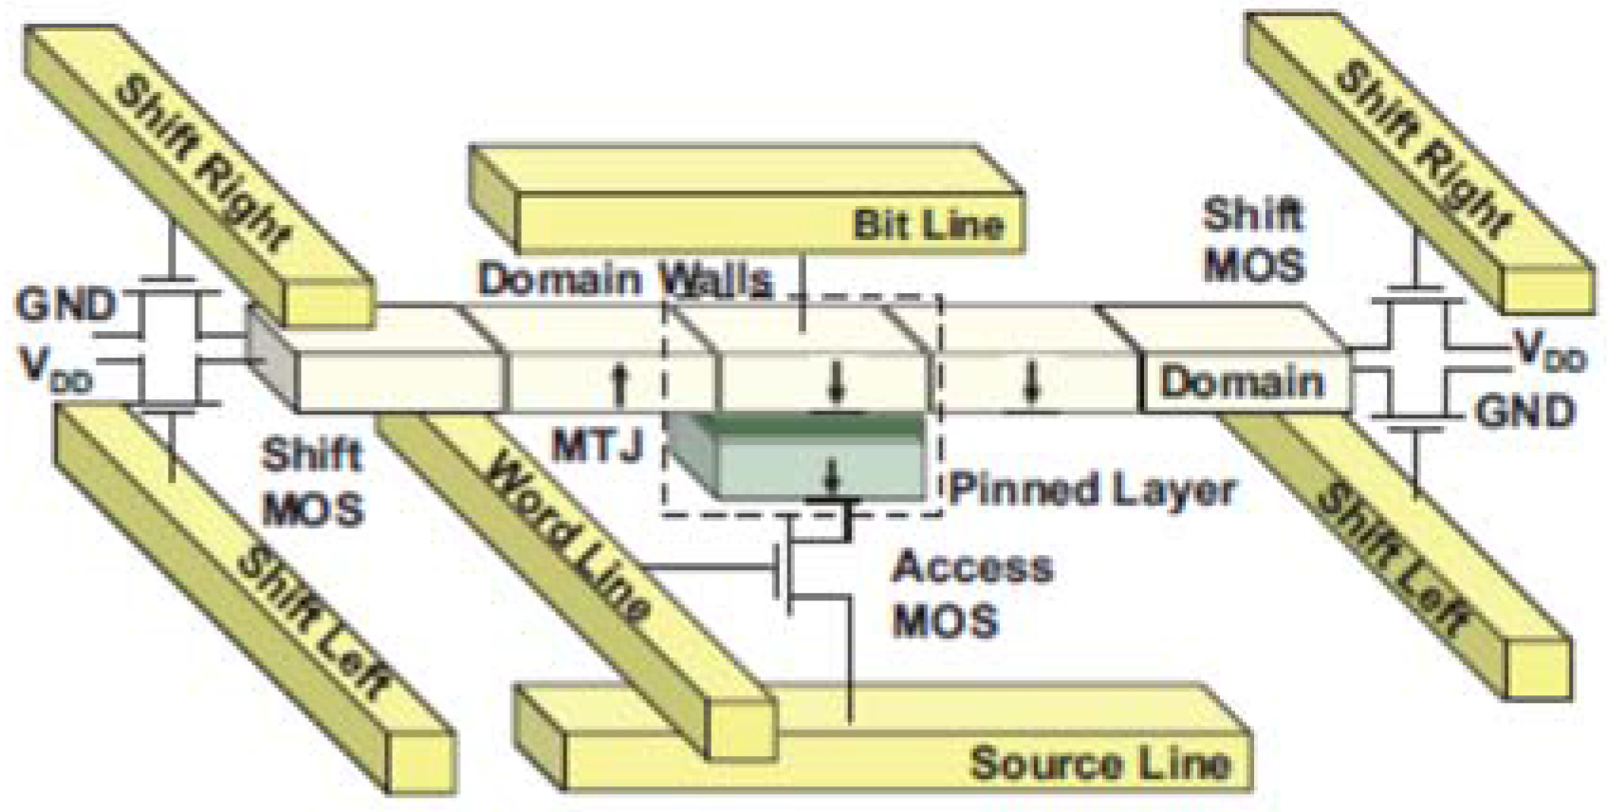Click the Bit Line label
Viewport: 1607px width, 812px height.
(928, 225)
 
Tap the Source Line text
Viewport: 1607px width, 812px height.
(1099, 763)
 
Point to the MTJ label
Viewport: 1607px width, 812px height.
(598, 444)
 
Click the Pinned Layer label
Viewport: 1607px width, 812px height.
(1093, 489)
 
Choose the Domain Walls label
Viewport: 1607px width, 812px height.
(624, 280)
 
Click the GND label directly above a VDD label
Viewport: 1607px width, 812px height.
(65, 305)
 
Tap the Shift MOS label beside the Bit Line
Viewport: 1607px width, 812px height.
(1253, 240)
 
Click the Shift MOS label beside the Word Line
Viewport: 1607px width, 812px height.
(313, 482)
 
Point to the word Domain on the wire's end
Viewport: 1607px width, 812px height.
(1242, 382)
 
